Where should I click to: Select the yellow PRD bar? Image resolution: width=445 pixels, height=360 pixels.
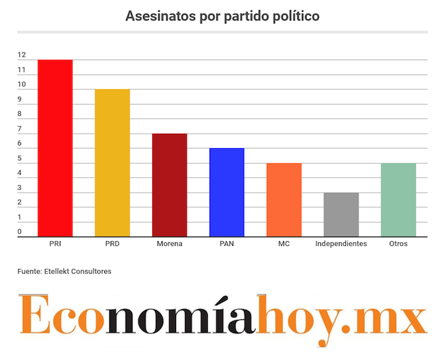[x=113, y=163]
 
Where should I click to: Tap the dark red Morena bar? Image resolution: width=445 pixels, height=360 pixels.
[x=170, y=185]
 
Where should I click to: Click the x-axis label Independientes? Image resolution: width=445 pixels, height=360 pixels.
[x=341, y=244]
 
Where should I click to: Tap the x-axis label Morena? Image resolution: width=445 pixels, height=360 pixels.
[x=170, y=244]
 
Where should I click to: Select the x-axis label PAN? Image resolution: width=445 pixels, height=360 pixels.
[x=227, y=244]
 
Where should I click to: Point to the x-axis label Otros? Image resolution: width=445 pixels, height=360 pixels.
[x=399, y=244]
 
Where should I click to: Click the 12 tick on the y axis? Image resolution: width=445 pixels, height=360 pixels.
[x=22, y=55]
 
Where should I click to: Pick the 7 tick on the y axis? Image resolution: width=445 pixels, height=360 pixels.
[x=20, y=129]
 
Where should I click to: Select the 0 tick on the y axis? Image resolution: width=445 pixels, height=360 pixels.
[x=20, y=232]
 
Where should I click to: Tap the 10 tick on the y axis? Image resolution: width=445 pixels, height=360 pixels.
[x=22, y=85]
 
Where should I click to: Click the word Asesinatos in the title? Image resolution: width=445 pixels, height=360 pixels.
[x=156, y=16]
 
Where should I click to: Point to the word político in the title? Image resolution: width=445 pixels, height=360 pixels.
[x=296, y=16]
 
